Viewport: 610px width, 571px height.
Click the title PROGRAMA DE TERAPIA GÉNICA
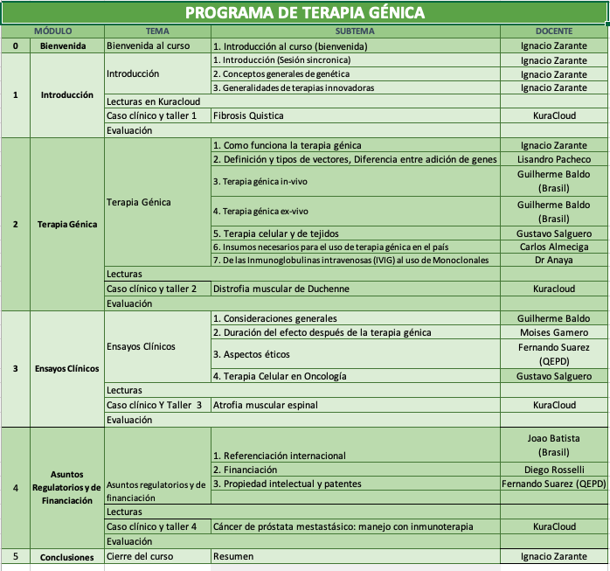tap(305, 12)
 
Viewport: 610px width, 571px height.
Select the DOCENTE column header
tap(553, 31)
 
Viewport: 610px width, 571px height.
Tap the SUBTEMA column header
tap(355, 31)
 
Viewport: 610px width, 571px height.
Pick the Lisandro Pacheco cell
tap(554, 159)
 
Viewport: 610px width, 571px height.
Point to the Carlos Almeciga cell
tap(554, 247)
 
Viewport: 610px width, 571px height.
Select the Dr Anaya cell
tap(554, 261)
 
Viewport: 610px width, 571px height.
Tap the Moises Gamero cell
tap(554, 332)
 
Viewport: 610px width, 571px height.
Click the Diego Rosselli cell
tap(554, 469)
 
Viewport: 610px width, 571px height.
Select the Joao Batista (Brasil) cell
tap(554, 446)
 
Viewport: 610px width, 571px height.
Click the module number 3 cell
tap(16, 368)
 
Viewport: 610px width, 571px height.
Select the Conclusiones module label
tap(66, 555)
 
